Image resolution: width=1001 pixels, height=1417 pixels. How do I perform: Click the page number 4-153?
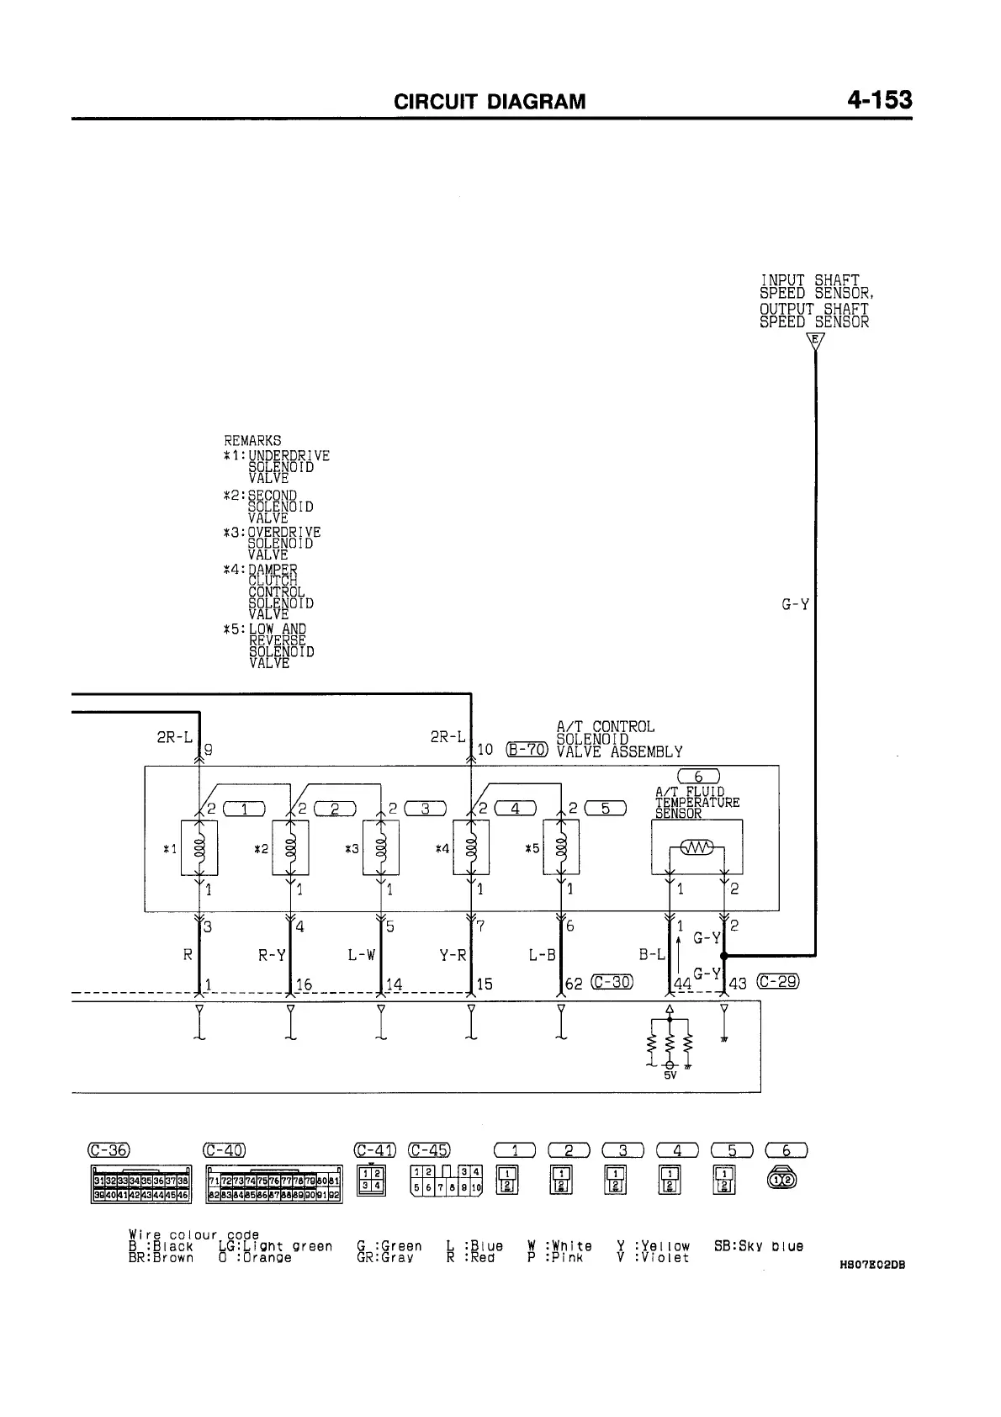[x=879, y=101]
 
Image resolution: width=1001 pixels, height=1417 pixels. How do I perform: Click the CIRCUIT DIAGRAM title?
[x=490, y=103]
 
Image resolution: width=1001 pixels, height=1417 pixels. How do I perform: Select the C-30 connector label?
[x=612, y=982]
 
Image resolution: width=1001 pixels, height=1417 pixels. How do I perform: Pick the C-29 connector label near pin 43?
[x=778, y=982]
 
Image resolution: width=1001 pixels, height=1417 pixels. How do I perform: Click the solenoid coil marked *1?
[x=199, y=847]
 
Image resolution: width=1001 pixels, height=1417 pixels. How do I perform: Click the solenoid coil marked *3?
[x=381, y=847]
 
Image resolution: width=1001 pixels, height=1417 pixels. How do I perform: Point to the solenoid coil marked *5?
[x=562, y=847]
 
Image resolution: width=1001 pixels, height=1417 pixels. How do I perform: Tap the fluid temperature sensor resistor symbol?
[x=696, y=846]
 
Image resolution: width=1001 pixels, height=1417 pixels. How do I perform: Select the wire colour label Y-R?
[x=453, y=956]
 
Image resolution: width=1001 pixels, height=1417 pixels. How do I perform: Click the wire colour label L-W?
[x=361, y=956]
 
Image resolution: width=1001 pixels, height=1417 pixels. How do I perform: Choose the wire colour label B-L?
[x=652, y=956]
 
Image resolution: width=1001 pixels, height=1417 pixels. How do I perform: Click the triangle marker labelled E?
[x=815, y=341]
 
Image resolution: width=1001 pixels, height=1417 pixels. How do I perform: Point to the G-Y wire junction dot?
[x=723, y=956]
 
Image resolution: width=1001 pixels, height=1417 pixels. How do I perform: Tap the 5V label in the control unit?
[x=670, y=1075]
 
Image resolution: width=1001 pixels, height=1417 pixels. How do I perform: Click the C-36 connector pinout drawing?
[x=141, y=1184]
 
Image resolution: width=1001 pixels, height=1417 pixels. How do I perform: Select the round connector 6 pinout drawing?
[x=781, y=1180]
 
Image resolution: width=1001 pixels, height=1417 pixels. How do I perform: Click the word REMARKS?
[x=252, y=440]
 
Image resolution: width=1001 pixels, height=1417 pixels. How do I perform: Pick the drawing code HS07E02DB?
[x=871, y=1264]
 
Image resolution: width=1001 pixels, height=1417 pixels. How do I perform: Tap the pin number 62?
[x=574, y=984]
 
